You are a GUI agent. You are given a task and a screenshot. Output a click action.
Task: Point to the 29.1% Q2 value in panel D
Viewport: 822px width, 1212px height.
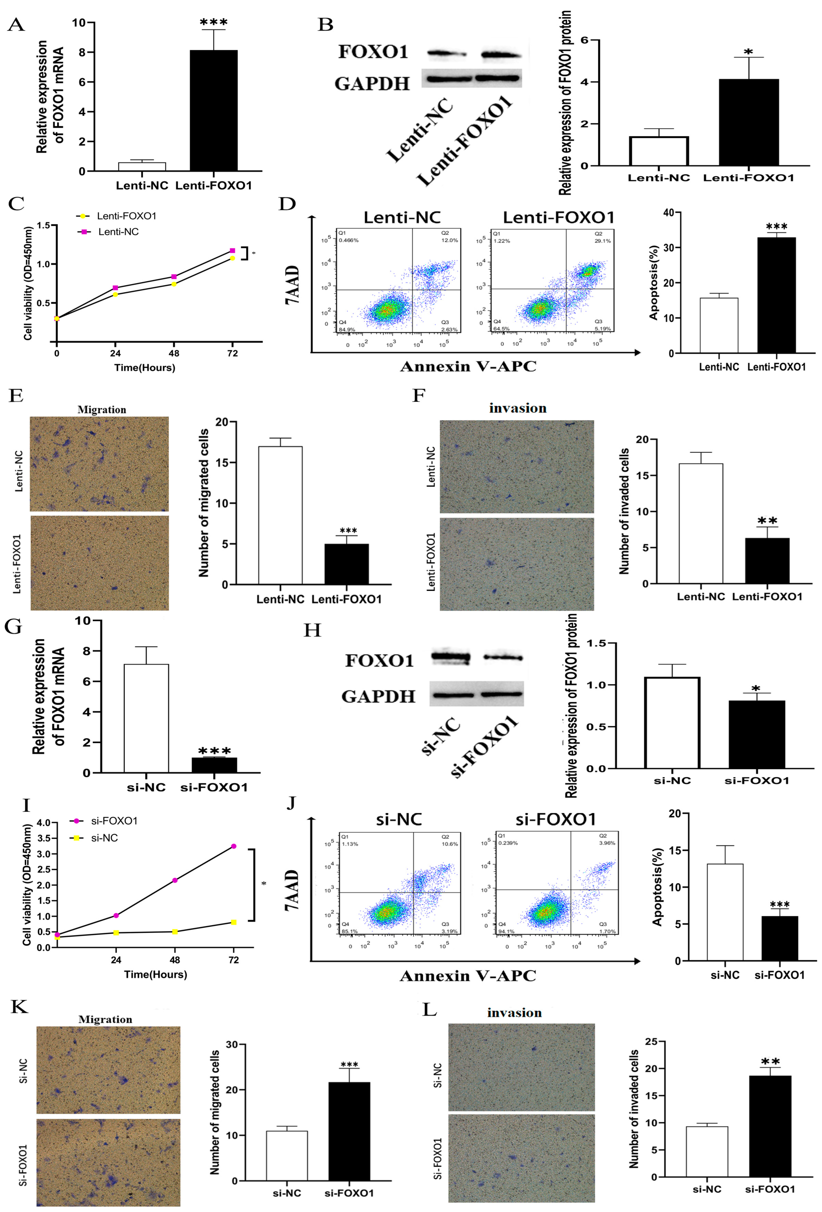(602, 241)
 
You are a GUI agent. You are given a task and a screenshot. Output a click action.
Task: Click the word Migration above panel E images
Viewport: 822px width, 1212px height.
(102, 409)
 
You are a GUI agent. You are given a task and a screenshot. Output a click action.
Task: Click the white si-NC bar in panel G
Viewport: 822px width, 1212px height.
(146, 718)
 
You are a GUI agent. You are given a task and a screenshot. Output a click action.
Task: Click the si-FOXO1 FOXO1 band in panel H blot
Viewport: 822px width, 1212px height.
(503, 658)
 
